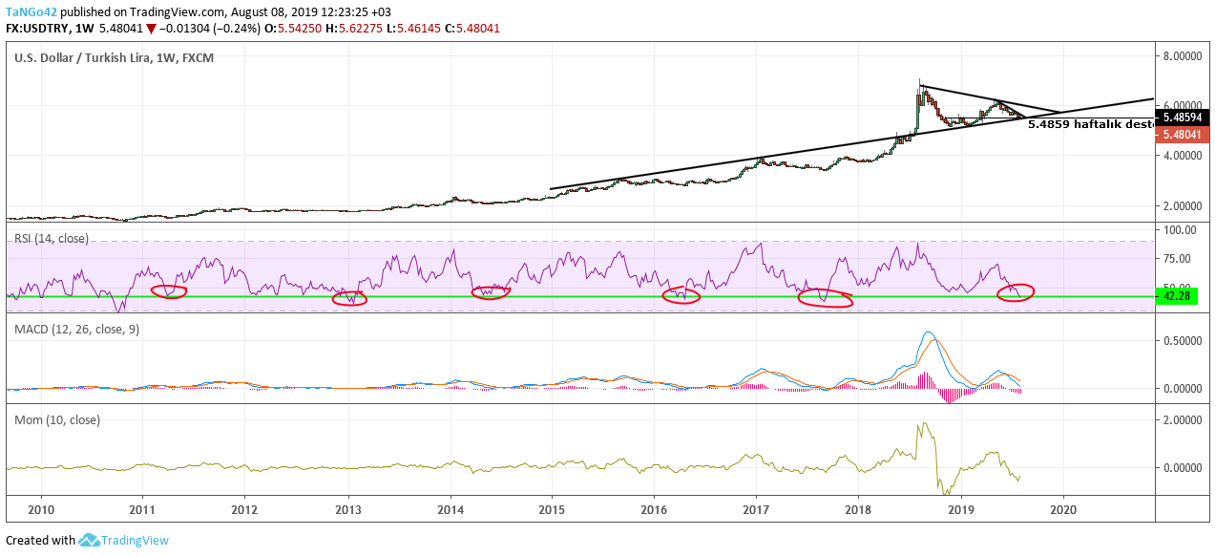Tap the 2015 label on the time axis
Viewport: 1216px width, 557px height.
click(x=553, y=509)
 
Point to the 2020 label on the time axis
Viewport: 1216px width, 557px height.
click(x=1063, y=509)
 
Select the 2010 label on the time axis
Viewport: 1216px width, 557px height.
click(x=41, y=509)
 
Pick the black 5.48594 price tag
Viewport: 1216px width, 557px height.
click(x=1182, y=118)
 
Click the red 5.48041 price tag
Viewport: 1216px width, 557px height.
click(x=1182, y=135)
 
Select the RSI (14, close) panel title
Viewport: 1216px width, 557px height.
click(x=52, y=238)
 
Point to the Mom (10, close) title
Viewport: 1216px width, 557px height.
click(x=57, y=419)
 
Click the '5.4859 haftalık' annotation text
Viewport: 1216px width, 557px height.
click(x=1088, y=123)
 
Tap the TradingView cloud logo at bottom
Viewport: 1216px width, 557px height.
click(x=90, y=541)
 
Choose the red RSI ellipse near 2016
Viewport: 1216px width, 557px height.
click(x=681, y=296)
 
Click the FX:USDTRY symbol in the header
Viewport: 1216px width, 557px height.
click(x=39, y=29)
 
